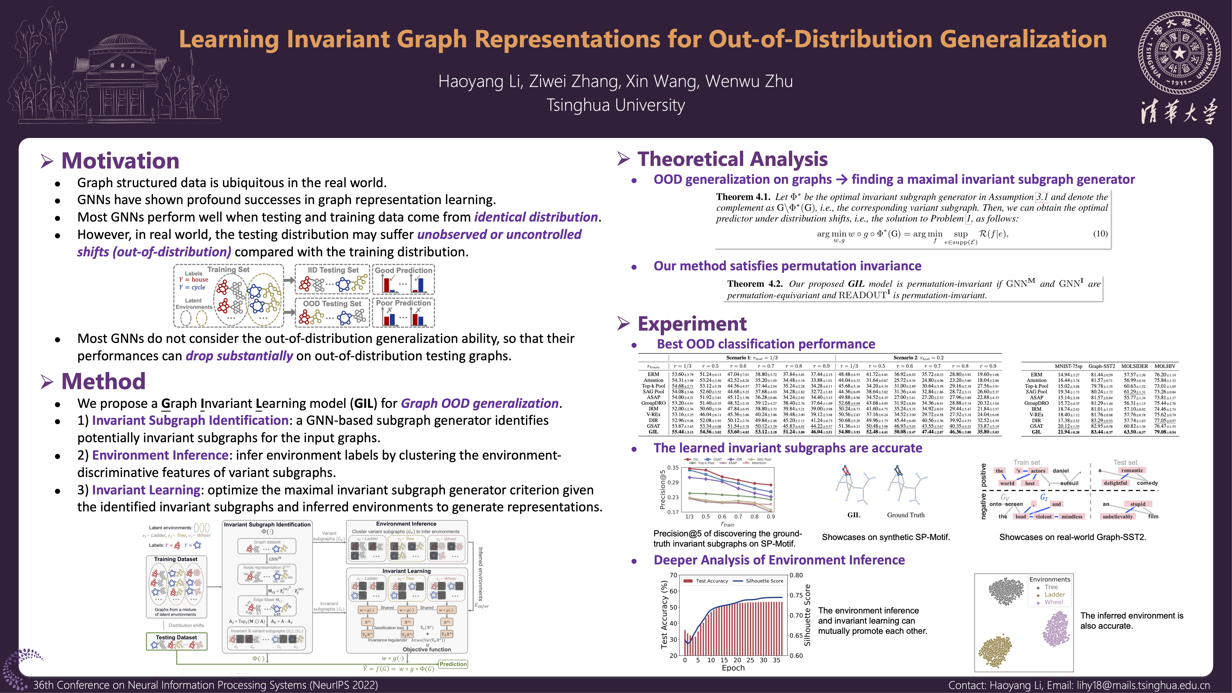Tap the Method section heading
click(x=103, y=381)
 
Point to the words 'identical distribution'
click(x=536, y=217)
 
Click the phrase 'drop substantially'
click(x=239, y=356)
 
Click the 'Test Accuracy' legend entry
click(x=711, y=581)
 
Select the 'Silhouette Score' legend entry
click(x=764, y=581)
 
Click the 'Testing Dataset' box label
click(x=176, y=637)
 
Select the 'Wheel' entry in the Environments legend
click(x=1054, y=602)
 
